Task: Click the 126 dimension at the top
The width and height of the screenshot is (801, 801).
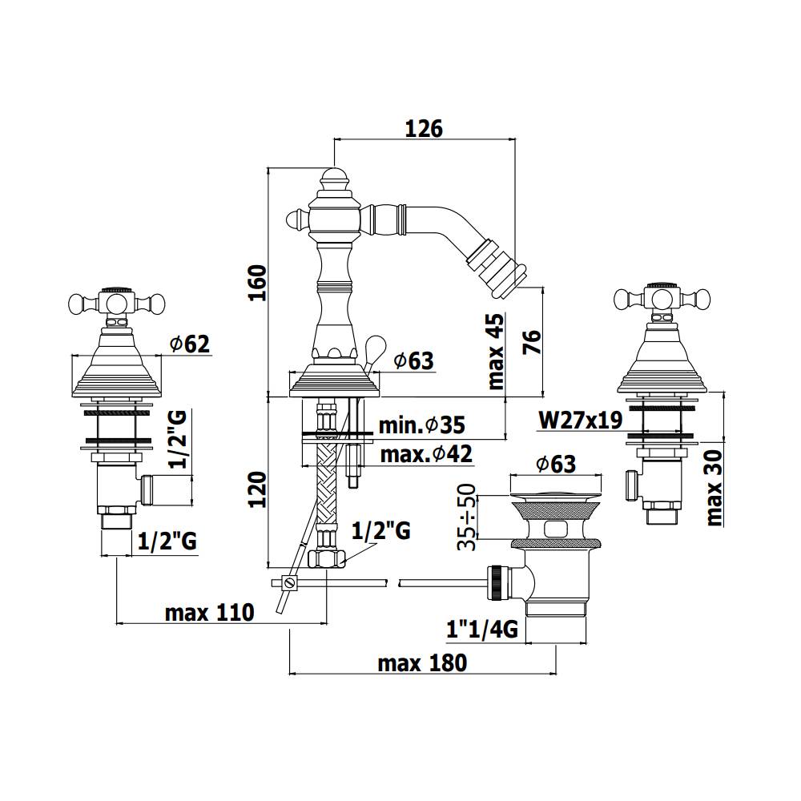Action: click(424, 128)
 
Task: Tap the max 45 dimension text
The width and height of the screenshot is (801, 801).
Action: click(497, 349)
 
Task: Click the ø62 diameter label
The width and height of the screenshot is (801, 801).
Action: click(189, 344)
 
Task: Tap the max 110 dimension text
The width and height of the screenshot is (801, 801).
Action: click(209, 614)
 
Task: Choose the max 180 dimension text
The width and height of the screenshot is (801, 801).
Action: click(422, 663)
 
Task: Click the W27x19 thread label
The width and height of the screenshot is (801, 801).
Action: click(581, 420)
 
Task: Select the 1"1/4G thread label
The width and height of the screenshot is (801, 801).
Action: click(482, 630)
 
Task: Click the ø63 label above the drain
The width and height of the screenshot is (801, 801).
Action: click(553, 464)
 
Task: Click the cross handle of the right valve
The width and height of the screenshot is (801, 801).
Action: click(663, 300)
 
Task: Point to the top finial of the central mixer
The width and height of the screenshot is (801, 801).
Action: click(333, 178)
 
